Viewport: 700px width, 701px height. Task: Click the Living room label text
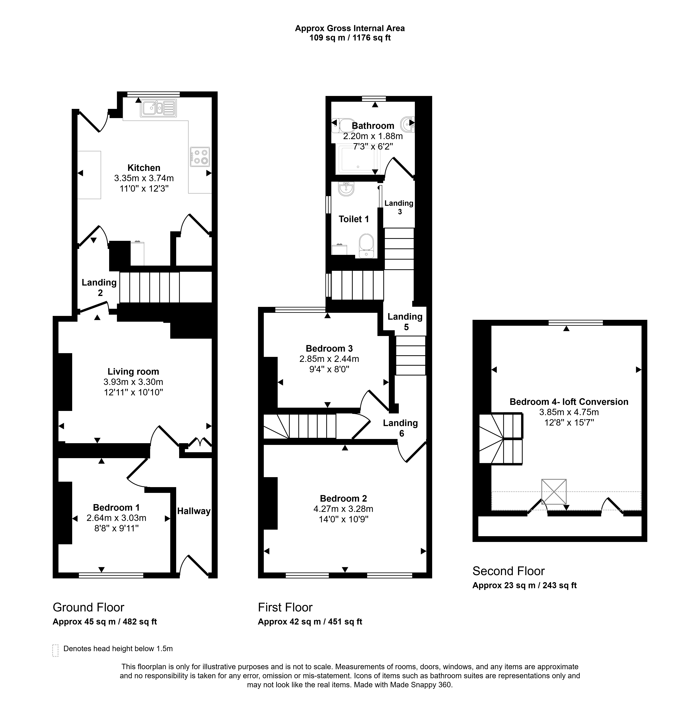133,372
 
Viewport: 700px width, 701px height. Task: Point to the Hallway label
194,511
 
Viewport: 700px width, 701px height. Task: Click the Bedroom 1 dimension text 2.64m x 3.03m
117,518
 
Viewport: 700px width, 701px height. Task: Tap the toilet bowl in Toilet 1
366,246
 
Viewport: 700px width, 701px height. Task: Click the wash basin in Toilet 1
346,189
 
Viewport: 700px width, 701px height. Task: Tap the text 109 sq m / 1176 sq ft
350,38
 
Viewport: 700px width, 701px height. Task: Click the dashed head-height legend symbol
55,651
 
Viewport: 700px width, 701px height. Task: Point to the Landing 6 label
401,428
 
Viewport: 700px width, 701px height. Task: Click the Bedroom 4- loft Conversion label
569,402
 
